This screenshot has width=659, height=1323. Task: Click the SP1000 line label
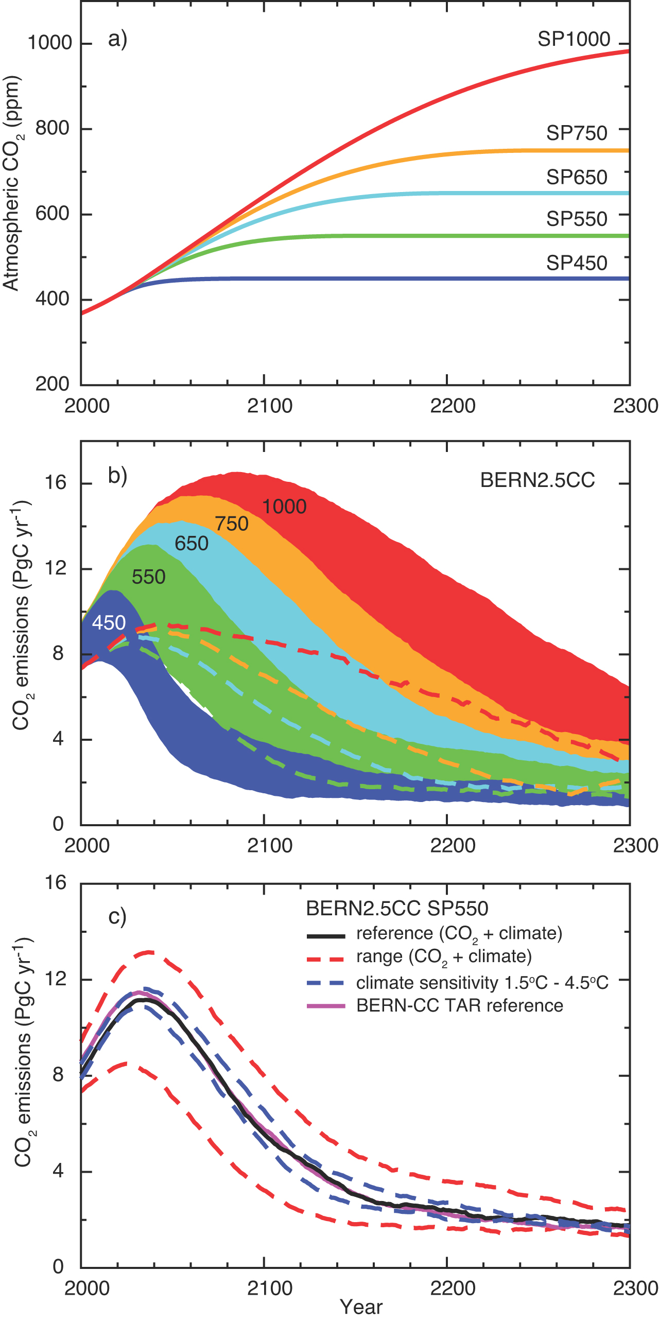574,39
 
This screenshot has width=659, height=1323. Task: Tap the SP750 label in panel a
577,133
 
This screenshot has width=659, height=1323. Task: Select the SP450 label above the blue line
577,263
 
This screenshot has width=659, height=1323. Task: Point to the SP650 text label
577,177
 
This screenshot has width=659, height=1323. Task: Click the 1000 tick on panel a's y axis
49,43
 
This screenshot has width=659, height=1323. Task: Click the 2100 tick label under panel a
269,406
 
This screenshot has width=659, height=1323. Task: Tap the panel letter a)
117,39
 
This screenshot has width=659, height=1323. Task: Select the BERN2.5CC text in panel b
537,480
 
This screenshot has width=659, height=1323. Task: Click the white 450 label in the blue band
109,623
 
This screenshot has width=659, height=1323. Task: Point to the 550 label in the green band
148,577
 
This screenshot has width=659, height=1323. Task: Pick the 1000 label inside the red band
284,507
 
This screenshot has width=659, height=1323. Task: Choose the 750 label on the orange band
232,524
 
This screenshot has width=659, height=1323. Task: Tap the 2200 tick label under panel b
453,846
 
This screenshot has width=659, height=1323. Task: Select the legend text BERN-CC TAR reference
459,1005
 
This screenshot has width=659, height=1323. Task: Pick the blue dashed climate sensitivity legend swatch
325,983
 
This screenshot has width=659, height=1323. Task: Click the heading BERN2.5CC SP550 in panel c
397,909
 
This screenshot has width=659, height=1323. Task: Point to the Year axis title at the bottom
361,1307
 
